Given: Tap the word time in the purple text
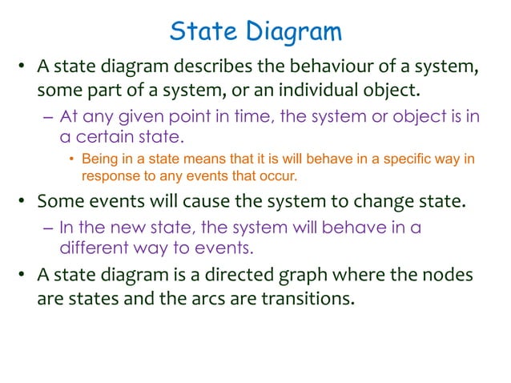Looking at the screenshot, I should (x=245, y=116).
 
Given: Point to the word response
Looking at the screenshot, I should (x=108, y=174).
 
